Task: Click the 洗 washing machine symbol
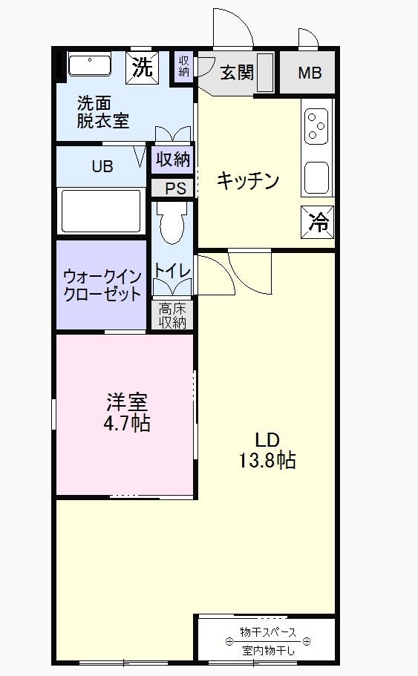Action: (x=142, y=68)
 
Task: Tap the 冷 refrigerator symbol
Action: (x=318, y=223)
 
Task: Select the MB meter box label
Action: (x=310, y=73)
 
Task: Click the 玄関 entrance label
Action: (x=237, y=73)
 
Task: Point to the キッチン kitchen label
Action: (x=248, y=180)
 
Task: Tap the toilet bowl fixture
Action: (x=172, y=223)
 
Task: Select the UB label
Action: (x=102, y=166)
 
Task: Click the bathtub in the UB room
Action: (x=102, y=211)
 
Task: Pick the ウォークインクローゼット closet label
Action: (x=102, y=286)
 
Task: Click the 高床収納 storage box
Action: (x=172, y=315)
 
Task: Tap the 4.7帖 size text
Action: (x=126, y=424)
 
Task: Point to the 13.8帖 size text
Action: (x=267, y=461)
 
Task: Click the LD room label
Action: (x=267, y=440)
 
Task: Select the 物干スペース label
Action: (x=268, y=632)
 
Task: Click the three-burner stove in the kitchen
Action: (x=316, y=126)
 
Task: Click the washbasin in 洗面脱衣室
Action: (x=90, y=65)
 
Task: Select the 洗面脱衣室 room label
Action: (x=103, y=112)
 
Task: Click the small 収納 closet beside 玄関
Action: (x=184, y=66)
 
